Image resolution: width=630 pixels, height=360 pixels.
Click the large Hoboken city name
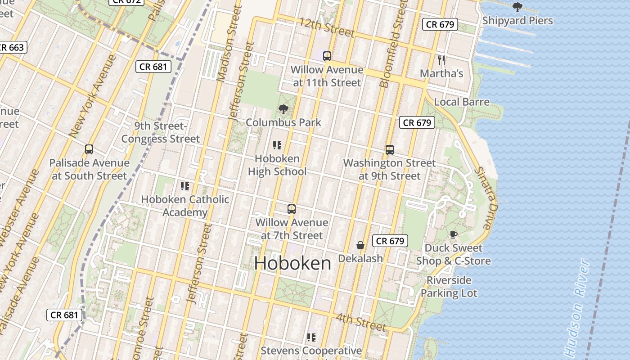[x=292, y=263]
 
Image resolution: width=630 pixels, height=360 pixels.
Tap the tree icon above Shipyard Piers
[x=517, y=7]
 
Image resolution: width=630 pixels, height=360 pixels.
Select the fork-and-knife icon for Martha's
[x=441, y=60]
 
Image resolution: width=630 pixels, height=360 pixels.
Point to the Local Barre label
[x=462, y=102]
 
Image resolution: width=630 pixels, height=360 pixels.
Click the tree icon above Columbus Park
[x=283, y=109]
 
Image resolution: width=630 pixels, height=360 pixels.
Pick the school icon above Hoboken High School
[x=277, y=145]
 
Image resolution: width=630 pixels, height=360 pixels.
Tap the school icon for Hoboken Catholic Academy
[x=184, y=186]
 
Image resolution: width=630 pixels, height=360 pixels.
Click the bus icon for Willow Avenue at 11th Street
[x=327, y=56]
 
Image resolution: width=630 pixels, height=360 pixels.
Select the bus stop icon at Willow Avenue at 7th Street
[x=292, y=209]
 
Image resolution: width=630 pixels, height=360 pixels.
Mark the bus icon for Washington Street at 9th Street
[x=390, y=150]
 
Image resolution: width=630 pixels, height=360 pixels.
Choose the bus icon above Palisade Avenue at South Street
[x=89, y=149]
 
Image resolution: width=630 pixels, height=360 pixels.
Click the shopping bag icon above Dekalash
[x=360, y=245]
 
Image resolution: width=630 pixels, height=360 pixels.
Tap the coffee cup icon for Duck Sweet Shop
[x=453, y=234]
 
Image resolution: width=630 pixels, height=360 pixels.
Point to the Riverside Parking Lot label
[x=449, y=287]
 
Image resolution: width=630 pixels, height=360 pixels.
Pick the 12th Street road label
[x=327, y=27]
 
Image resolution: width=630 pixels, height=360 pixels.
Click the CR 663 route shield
[x=12, y=47]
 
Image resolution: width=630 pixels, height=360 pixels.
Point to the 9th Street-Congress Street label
[x=160, y=132]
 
